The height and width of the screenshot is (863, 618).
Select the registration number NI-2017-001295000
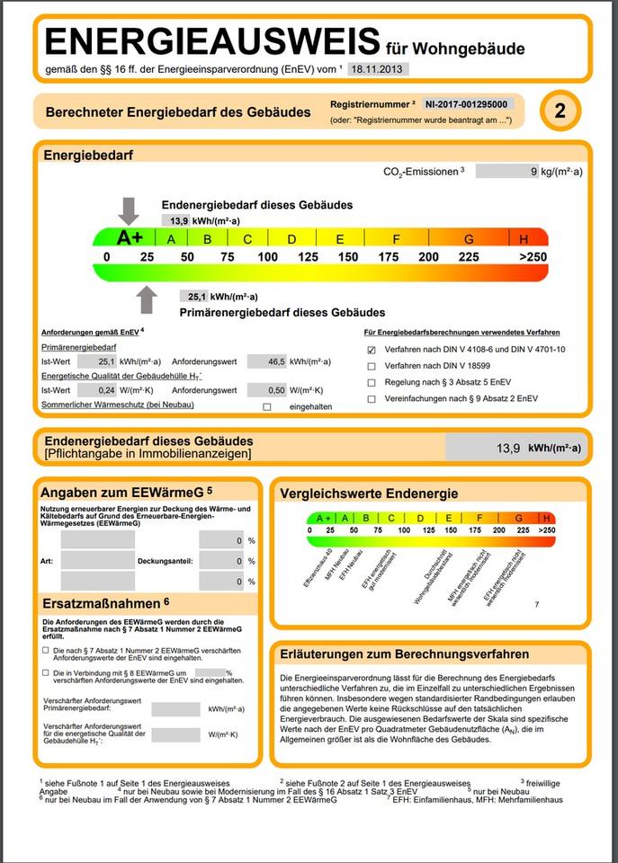click(468, 104)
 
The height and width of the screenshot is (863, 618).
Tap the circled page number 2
click(560, 111)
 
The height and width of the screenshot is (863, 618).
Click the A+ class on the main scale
click(130, 238)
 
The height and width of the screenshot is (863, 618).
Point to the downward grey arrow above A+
click(130, 210)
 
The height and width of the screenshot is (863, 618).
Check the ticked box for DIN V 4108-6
click(372, 350)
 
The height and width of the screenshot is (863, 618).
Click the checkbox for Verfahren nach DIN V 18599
click(372, 366)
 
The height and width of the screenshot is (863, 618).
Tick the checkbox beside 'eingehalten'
click(266, 406)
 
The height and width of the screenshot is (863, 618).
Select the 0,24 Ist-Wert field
click(96, 390)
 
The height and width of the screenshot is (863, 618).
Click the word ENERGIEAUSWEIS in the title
click(212, 42)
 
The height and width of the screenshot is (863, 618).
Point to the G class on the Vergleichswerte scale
click(519, 518)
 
